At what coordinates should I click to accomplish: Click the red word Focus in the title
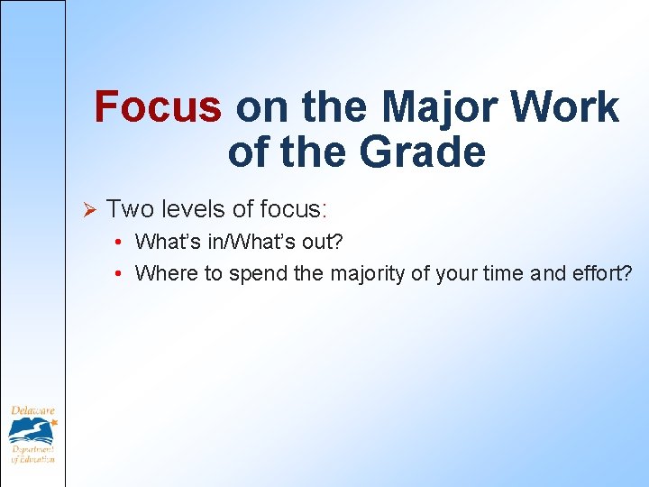[158, 107]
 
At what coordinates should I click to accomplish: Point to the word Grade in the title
[423, 152]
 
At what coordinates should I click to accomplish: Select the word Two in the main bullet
[125, 209]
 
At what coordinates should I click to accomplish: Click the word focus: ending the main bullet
[294, 209]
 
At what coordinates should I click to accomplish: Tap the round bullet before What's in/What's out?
[119, 243]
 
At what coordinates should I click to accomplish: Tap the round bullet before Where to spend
[119, 274]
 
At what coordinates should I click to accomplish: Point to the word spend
[259, 274]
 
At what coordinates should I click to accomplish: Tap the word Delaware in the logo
[32, 411]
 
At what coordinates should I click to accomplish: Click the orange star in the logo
[53, 421]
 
